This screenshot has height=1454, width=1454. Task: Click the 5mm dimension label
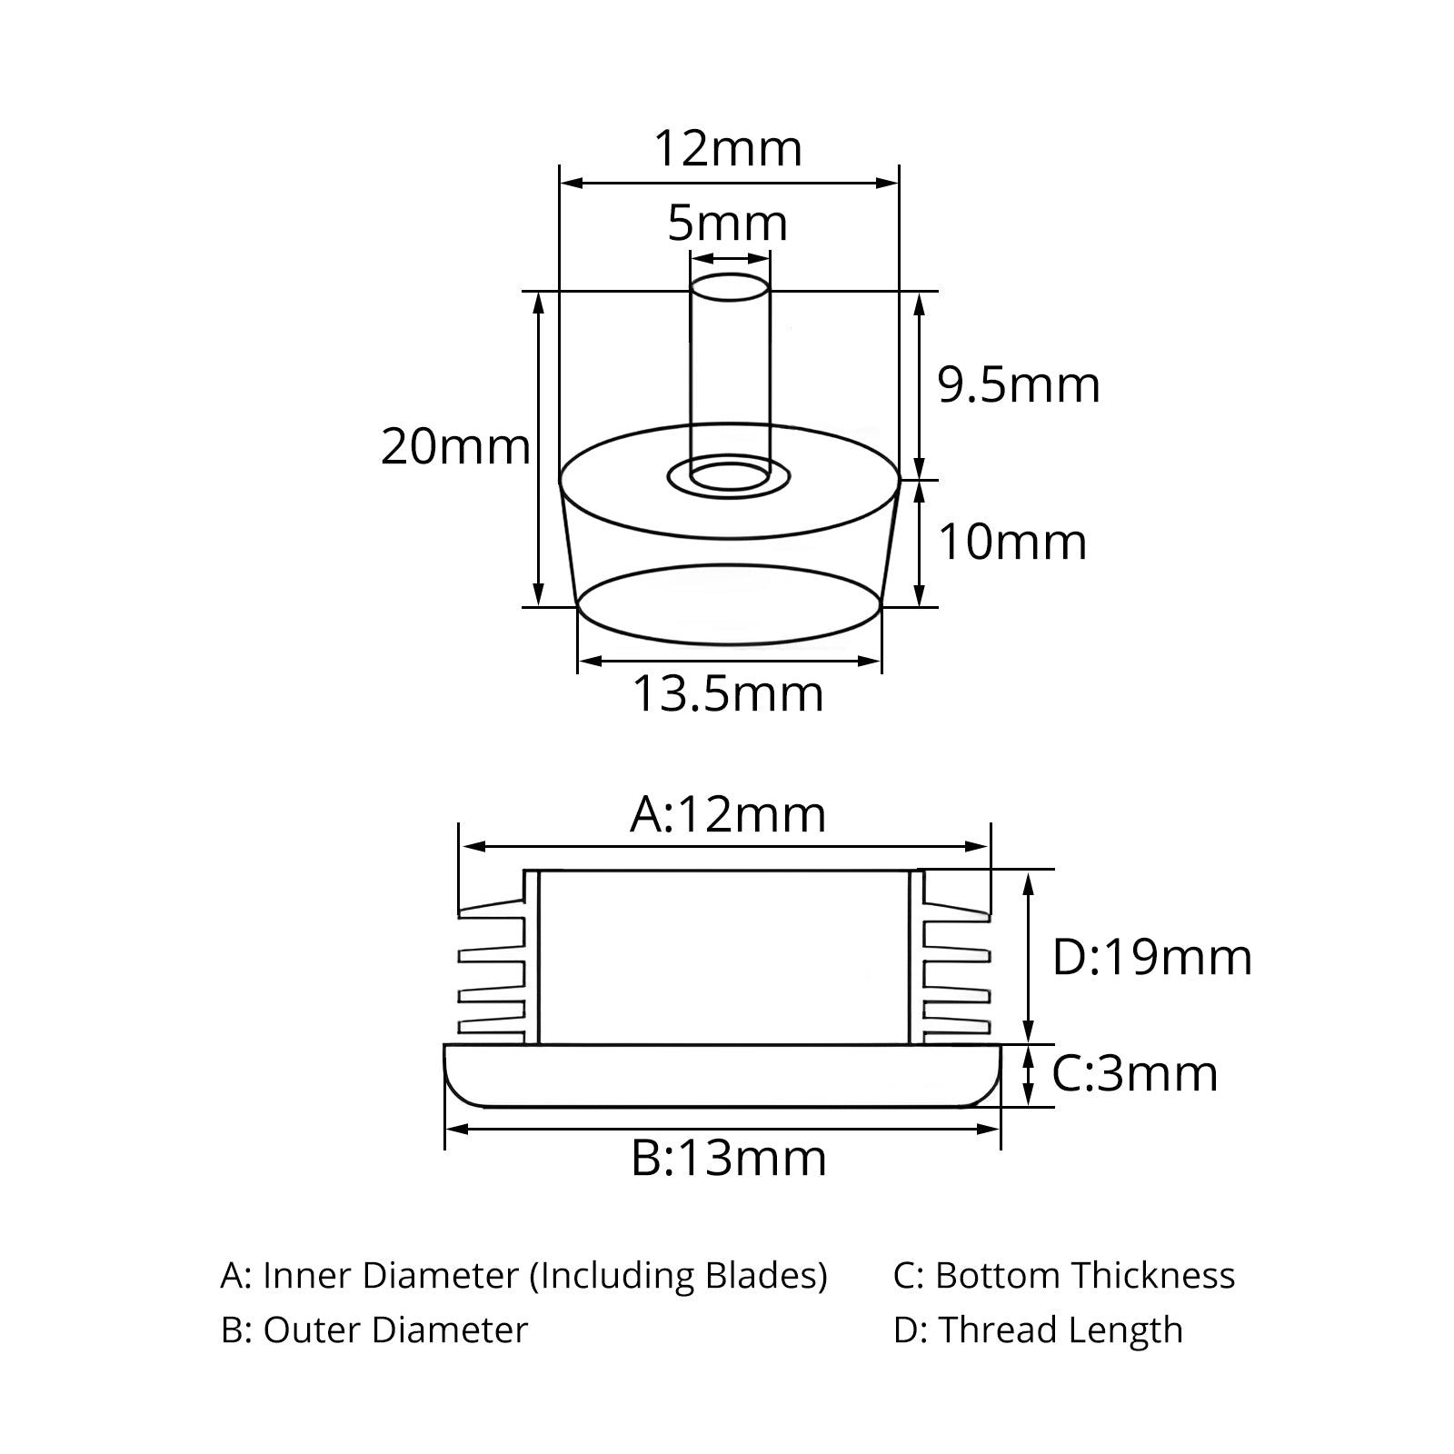click(727, 224)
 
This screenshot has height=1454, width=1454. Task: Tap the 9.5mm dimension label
click(1019, 385)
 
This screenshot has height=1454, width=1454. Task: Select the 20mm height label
click(455, 447)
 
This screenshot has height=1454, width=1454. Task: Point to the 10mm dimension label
click(1012, 543)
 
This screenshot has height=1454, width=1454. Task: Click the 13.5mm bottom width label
click(728, 694)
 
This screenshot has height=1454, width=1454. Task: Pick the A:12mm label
click(728, 814)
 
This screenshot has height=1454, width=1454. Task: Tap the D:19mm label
click(1152, 957)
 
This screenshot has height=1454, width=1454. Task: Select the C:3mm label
click(1135, 1073)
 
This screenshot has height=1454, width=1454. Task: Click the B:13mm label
click(729, 1158)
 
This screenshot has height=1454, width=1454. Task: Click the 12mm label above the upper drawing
click(728, 149)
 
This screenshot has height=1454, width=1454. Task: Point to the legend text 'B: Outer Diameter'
click(374, 1330)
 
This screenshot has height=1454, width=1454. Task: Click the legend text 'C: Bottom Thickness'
click(1064, 1276)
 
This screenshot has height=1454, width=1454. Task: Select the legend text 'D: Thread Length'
click(1038, 1330)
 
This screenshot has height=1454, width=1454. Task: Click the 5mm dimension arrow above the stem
click(730, 258)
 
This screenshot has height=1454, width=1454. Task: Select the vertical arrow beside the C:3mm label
click(1028, 1075)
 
